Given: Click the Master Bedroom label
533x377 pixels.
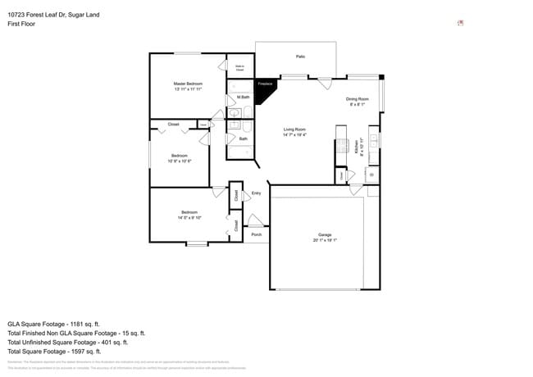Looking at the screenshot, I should click(188, 84).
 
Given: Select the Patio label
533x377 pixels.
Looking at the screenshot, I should click(300, 57).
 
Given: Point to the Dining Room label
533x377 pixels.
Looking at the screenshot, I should click(357, 99).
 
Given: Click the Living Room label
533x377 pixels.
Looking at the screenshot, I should click(294, 129).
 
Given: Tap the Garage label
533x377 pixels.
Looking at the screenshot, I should click(325, 235).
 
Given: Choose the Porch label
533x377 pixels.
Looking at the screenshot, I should click(257, 234).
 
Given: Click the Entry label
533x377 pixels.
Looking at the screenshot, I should click(256, 193).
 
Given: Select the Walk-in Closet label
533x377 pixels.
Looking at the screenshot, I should click(239, 68).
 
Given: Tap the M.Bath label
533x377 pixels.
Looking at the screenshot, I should click(244, 98).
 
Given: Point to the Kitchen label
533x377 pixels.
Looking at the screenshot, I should click(357, 146).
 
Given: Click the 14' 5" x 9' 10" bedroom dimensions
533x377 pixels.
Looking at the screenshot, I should click(189, 218).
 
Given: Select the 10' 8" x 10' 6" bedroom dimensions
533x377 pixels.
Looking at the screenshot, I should click(179, 161).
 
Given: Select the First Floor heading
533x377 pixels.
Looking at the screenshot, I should click(22, 25).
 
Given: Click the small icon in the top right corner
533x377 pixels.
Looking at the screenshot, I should click(460, 23).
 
